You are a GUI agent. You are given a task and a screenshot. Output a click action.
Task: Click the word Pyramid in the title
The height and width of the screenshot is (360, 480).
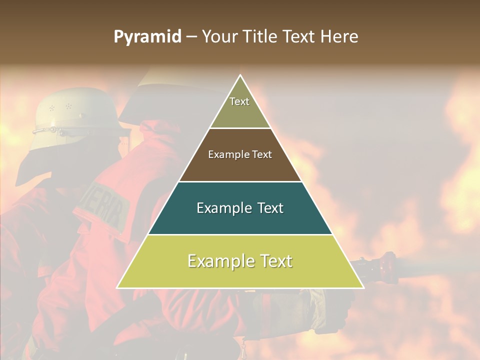click(147, 37)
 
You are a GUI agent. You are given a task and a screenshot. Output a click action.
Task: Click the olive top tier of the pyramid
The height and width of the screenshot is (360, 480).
click(240, 112)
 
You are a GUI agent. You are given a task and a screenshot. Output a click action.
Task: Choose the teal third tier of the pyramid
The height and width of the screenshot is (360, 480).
click(240, 220)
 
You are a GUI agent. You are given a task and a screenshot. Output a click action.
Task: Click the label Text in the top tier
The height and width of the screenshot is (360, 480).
click(239, 101)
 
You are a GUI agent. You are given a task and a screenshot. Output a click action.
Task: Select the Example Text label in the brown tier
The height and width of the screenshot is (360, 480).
click(240, 154)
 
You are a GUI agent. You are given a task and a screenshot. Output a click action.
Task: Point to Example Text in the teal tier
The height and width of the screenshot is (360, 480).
click(240, 208)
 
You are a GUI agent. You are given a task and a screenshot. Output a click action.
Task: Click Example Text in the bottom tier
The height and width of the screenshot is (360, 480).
click(240, 261)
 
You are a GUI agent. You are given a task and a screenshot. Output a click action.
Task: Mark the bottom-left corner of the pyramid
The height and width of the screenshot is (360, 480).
click(117, 287)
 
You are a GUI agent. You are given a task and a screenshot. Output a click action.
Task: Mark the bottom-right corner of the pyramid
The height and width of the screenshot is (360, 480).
click(363, 287)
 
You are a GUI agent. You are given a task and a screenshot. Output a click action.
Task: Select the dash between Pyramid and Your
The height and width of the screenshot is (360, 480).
click(191, 37)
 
